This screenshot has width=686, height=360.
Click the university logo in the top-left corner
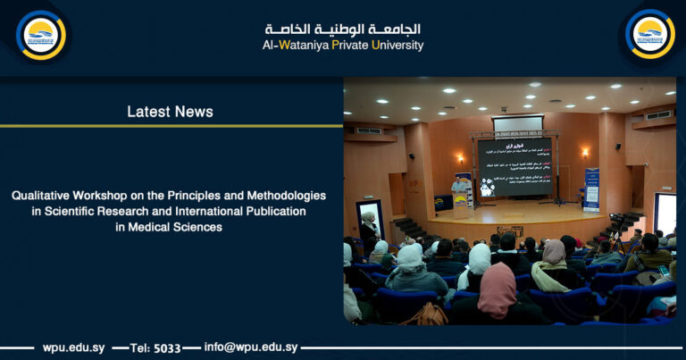pos(41,35)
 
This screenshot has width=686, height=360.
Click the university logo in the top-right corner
pos(649,34)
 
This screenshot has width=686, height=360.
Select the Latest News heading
pos(170,112)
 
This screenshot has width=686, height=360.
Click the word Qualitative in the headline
pos(44,195)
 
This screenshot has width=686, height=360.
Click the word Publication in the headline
pos(272,211)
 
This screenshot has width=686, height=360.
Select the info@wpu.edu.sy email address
pos(251,347)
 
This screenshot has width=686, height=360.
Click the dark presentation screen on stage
pos(514,166)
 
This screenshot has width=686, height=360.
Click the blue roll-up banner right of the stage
pos(591,188)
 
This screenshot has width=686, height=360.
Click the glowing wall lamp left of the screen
pos(461,158)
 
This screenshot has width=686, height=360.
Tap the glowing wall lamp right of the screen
pos(584,153)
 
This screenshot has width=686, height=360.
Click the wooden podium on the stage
pos(461,205)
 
